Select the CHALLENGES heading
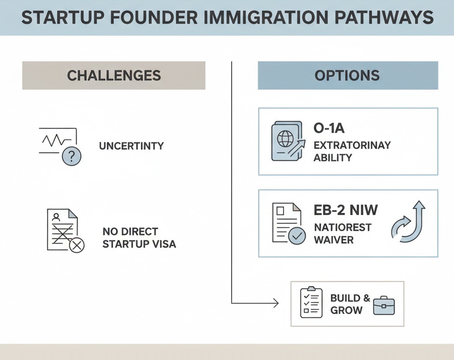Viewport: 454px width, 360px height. (x=114, y=75)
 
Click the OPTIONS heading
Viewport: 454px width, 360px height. (x=347, y=75)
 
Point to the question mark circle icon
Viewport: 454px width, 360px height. (x=71, y=157)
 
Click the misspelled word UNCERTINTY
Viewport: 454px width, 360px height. (x=131, y=146)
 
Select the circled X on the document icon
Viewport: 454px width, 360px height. (x=77, y=245)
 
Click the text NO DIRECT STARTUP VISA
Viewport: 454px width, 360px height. (x=139, y=237)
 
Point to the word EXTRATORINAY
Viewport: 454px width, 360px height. (x=352, y=145)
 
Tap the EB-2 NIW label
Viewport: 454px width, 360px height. (x=346, y=210)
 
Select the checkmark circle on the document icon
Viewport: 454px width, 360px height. (x=297, y=236)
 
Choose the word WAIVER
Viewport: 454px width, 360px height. (x=334, y=240)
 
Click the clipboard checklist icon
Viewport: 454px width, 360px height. (x=311, y=303)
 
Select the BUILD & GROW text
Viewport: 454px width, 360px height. (x=350, y=304)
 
